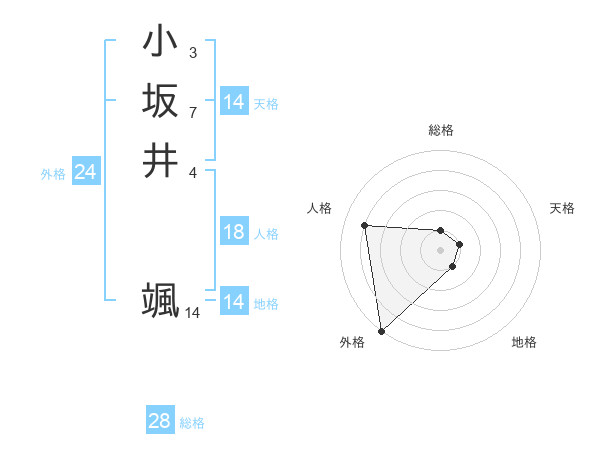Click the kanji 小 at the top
click(161, 43)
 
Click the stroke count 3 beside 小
click(192, 52)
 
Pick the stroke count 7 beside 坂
click(192, 111)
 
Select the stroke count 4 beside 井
click(192, 170)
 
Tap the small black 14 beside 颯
click(192, 313)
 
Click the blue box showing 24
click(85, 173)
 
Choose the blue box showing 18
click(233, 233)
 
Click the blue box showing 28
click(159, 422)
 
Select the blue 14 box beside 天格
click(233, 102)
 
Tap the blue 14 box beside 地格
click(233, 302)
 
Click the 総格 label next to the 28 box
click(192, 423)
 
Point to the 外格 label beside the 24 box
click(53, 174)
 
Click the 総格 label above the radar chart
click(441, 130)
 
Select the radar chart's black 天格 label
click(562, 208)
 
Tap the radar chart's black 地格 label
click(524, 342)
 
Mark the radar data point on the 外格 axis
click(381, 331)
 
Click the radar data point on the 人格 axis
click(365, 225)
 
